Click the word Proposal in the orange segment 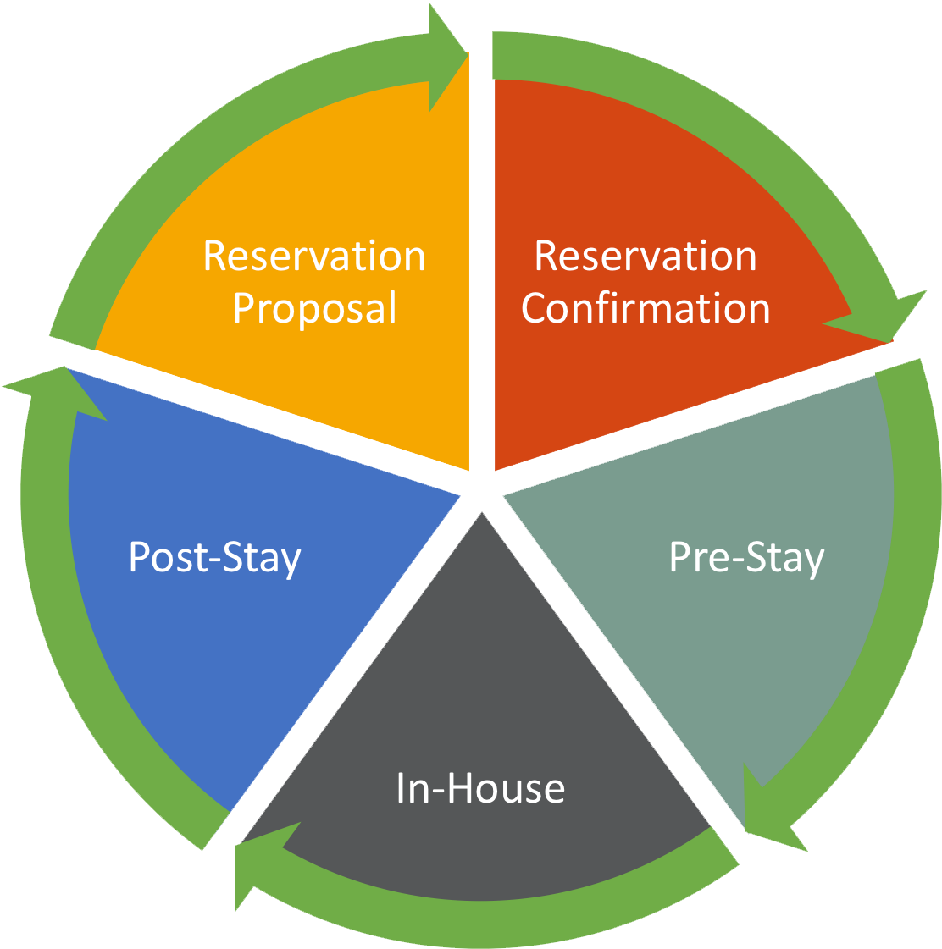[x=314, y=309]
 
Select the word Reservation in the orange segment [x=314, y=257]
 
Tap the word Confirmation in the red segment [x=646, y=309]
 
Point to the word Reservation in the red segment [x=646, y=257]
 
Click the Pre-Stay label [x=746, y=559]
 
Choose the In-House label [x=480, y=788]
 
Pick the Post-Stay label [x=214, y=559]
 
